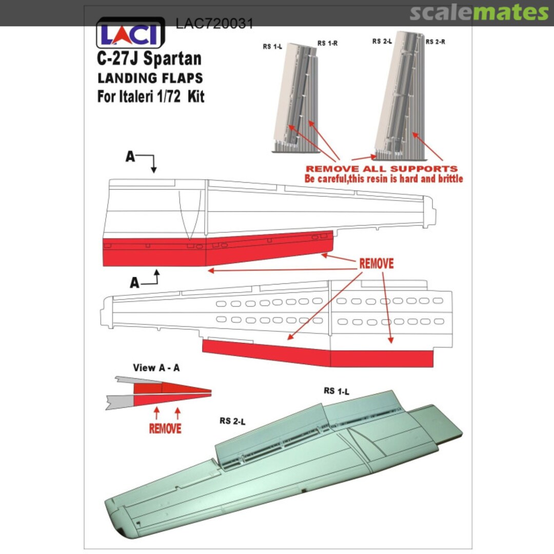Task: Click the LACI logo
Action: tap(130, 33)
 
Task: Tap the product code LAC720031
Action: tap(214, 24)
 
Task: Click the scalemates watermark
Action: tap(479, 12)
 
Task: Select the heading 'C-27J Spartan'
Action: tap(149, 58)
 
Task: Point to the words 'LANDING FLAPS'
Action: tap(150, 78)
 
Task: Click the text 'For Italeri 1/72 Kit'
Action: tap(151, 96)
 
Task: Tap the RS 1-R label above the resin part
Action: tap(327, 43)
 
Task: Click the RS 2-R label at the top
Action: tap(436, 42)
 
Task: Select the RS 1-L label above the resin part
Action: tap(272, 46)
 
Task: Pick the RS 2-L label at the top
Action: tap(382, 42)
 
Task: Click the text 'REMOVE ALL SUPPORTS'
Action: tap(382, 169)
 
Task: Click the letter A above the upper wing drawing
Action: tap(130, 156)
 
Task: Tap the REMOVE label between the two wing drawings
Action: tap(377, 264)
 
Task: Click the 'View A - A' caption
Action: tap(156, 368)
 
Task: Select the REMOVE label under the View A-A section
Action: tap(165, 428)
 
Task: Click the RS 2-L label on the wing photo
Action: tap(232, 421)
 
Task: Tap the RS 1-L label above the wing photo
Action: tap(337, 391)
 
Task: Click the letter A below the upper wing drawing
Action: tap(134, 283)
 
